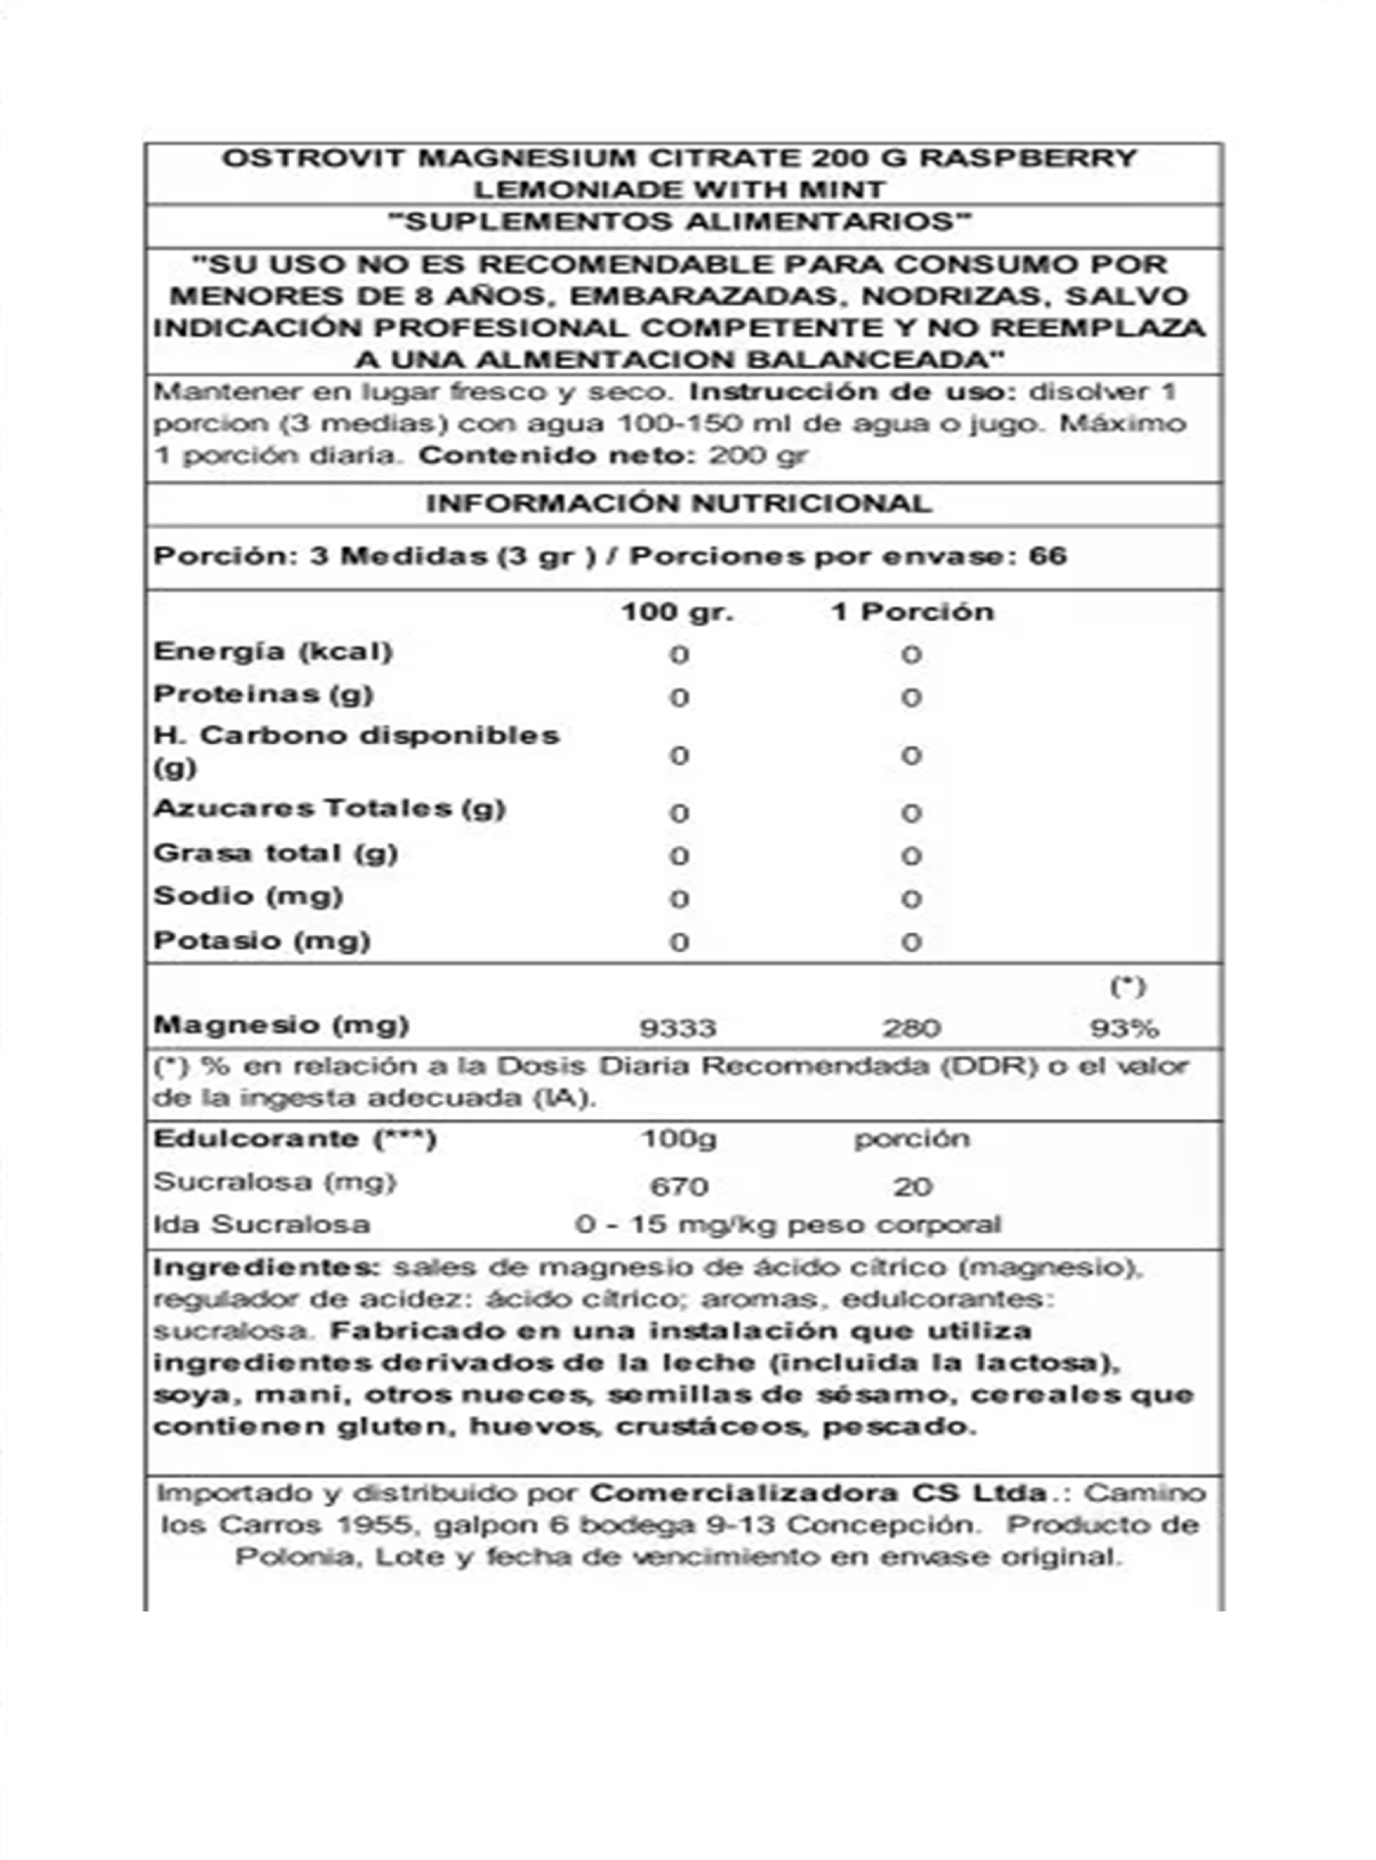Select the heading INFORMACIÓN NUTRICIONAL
point(678,503)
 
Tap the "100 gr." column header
point(677,612)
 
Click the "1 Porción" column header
point(912,612)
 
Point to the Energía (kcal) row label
point(272,652)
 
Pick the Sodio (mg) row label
point(248,897)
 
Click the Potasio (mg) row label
point(262,940)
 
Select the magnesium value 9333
point(677,1028)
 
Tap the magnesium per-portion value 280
point(911,1028)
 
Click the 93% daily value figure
point(1125,1028)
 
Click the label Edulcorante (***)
point(295,1139)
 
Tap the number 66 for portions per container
point(1048,556)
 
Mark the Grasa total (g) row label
point(275,853)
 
